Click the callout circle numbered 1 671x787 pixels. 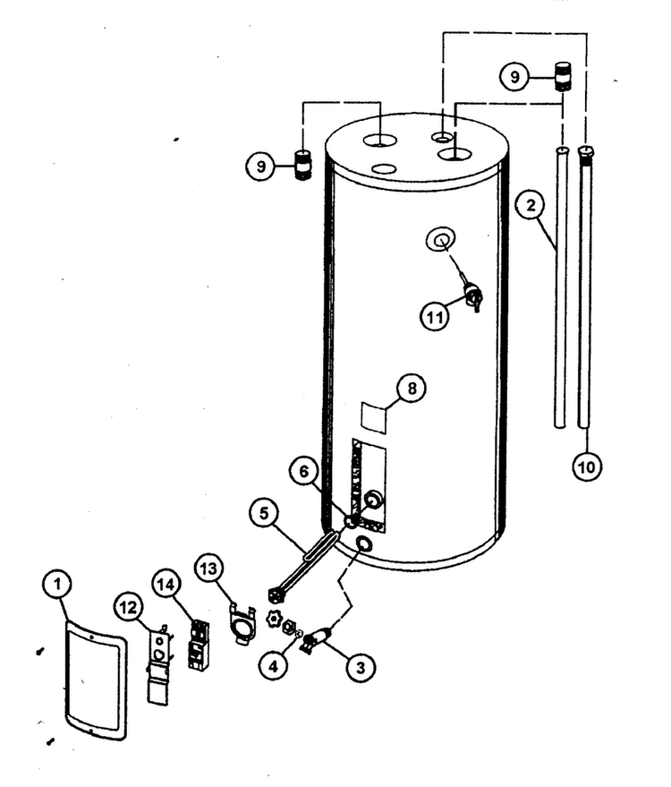(x=57, y=585)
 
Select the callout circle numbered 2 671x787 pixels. (x=531, y=205)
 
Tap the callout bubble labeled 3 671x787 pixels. (x=360, y=667)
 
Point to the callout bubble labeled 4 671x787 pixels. (x=273, y=666)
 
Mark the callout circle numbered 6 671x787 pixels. (x=304, y=472)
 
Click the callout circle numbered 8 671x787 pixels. (x=412, y=388)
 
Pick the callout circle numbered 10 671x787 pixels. (x=587, y=466)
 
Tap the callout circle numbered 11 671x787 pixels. (x=435, y=316)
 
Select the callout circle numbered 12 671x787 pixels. (x=128, y=608)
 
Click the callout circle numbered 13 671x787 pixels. (x=209, y=569)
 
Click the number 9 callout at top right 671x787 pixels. (x=514, y=77)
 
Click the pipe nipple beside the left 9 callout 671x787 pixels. (x=302, y=165)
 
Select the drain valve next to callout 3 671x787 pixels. (x=316, y=639)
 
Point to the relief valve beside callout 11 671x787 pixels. (x=472, y=297)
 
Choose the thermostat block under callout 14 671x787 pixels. (x=199, y=645)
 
